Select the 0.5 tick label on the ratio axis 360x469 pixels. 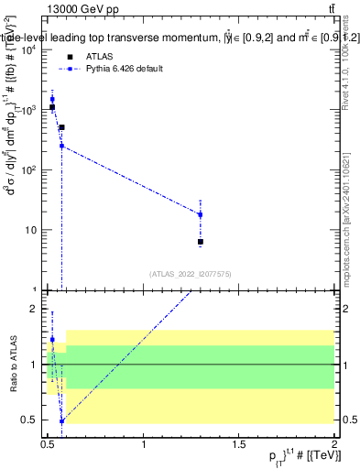pyautogui.click(x=29, y=420)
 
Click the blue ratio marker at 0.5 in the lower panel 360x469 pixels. pyautogui.click(x=61, y=421)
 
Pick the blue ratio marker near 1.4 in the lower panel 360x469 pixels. pyautogui.click(x=52, y=339)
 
